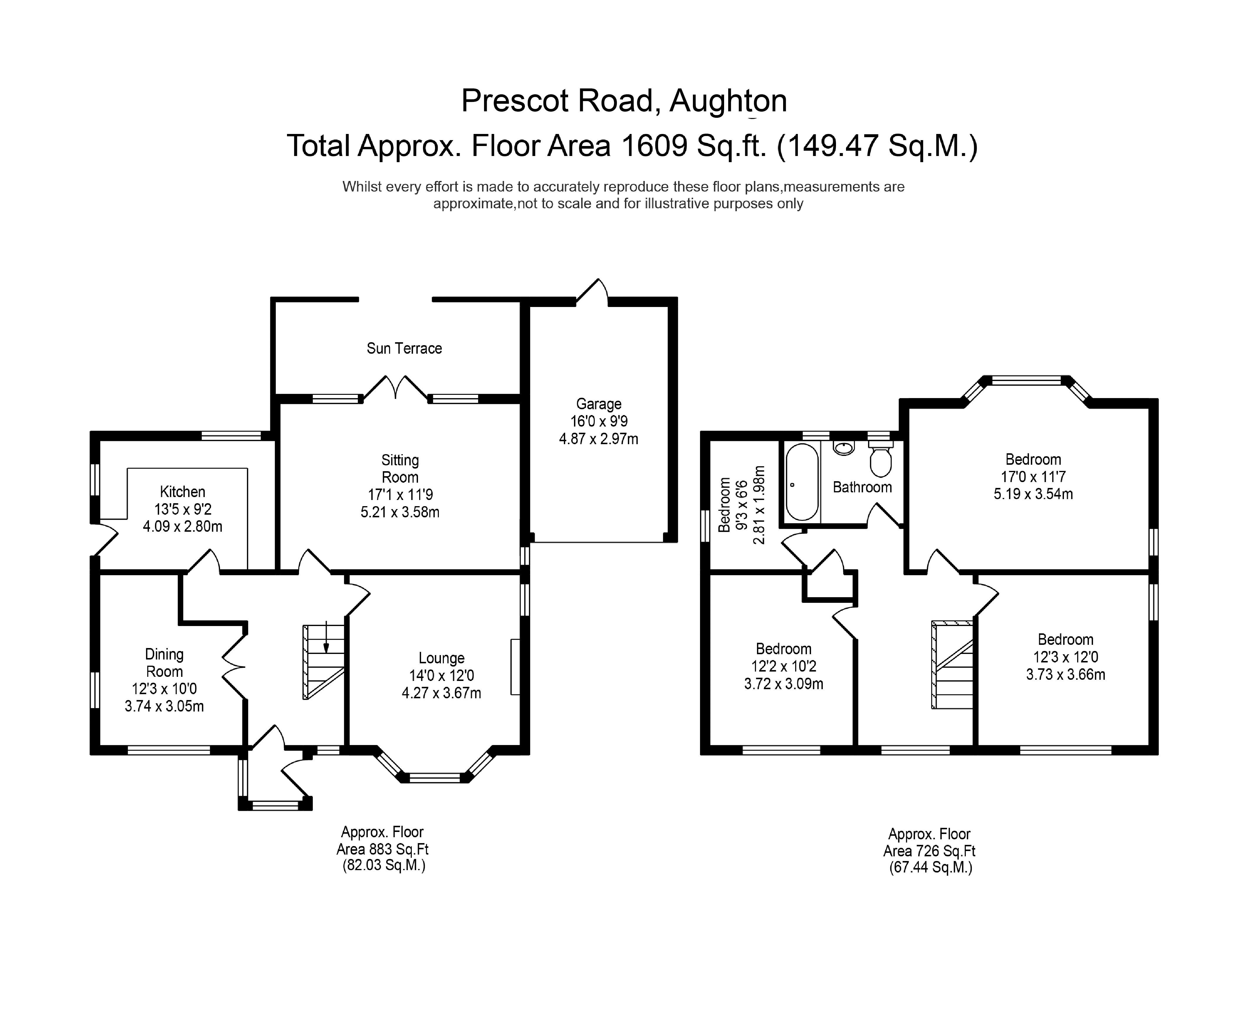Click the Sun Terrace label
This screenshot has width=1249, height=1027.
(x=404, y=348)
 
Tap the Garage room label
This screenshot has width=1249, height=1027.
(x=598, y=404)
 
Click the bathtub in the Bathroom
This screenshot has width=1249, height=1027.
(x=802, y=482)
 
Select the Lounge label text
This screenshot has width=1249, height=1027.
(x=441, y=658)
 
